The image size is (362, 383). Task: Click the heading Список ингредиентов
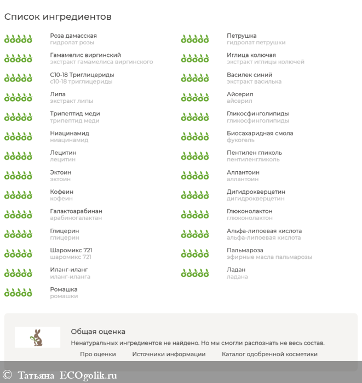(x=58, y=17)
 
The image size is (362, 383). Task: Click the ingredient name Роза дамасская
(x=73, y=36)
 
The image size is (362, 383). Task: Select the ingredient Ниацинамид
(x=70, y=133)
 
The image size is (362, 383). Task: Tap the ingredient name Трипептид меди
(x=75, y=114)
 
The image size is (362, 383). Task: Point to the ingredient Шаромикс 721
(x=71, y=250)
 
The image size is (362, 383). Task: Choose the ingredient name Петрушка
(x=242, y=36)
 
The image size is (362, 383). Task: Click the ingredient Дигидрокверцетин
(x=256, y=191)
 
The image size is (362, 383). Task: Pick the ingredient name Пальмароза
(x=245, y=250)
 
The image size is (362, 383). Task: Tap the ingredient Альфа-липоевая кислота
(x=264, y=231)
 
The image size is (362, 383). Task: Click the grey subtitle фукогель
(x=240, y=140)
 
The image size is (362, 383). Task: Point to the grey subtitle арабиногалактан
(x=76, y=218)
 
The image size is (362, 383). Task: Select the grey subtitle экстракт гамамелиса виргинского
(x=101, y=62)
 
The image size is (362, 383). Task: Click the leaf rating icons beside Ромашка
(x=18, y=293)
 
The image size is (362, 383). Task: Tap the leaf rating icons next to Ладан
(x=195, y=273)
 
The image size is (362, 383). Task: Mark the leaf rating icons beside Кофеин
(x=18, y=195)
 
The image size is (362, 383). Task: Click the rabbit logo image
(x=37, y=337)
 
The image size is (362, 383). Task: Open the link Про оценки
(x=98, y=354)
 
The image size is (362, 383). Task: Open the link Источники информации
(x=169, y=354)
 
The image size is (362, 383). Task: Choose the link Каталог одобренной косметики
(x=269, y=354)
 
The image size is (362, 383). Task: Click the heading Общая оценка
(x=98, y=331)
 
